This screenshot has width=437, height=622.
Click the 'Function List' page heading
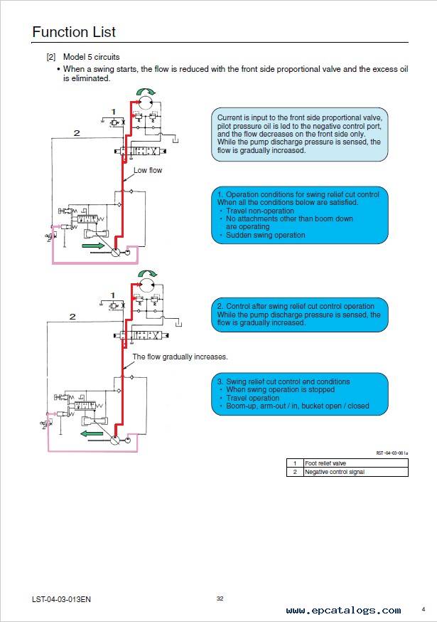click(74, 32)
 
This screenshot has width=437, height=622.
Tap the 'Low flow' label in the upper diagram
click(147, 170)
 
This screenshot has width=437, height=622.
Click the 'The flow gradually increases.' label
click(180, 357)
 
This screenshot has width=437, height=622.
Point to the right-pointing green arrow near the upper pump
click(93, 246)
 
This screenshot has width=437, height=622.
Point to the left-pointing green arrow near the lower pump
click(92, 433)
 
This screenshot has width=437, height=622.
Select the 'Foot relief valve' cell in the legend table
click(355, 463)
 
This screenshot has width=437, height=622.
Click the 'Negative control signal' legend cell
click(355, 472)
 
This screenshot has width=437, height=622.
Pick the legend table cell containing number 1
click(295, 463)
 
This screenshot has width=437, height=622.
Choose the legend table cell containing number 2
click(295, 472)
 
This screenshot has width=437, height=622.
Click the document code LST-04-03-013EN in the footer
click(61, 599)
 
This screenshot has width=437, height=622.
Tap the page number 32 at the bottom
click(220, 599)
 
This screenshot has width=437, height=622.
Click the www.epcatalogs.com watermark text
click(343, 610)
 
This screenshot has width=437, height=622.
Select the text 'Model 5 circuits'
click(92, 57)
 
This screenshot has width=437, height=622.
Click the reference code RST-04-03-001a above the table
click(392, 453)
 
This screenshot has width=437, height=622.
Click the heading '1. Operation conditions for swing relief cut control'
click(298, 194)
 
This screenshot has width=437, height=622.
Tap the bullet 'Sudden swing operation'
click(266, 235)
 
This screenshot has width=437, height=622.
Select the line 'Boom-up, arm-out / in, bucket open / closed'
click(298, 406)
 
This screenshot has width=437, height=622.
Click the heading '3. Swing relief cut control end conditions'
click(284, 381)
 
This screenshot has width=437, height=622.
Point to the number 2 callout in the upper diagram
click(77, 133)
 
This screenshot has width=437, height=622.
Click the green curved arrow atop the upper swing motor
click(146, 91)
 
